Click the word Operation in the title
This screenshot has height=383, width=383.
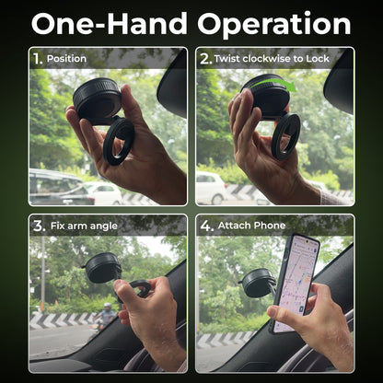274,24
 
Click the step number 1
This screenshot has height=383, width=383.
38,59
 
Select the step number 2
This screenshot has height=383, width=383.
205,59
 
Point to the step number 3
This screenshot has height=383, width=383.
40,226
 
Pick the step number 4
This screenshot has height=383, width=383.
206,226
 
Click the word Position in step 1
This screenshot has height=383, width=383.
66,59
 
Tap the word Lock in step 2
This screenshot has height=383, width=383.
318,58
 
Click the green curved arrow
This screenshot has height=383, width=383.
273,85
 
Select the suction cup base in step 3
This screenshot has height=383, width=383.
102,268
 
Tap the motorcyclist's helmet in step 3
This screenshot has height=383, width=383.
108,307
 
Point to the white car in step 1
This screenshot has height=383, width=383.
103,192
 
